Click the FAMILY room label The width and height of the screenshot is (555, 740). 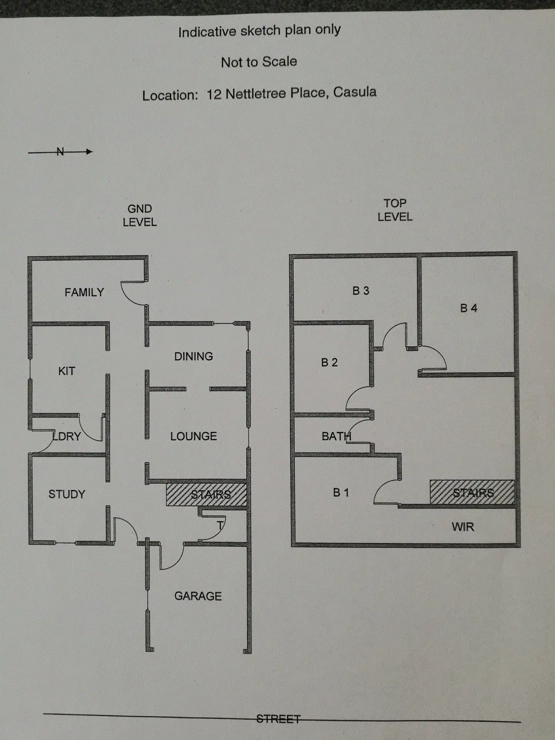84,293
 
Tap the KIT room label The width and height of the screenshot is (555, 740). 67,371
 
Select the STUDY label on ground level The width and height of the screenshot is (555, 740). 67,494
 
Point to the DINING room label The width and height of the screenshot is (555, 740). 193,357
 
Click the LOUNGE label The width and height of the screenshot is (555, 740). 193,436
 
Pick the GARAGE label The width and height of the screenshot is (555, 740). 198,596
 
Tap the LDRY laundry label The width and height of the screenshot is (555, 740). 67,436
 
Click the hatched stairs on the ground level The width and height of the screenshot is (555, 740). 206,494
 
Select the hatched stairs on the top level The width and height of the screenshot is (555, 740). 472,492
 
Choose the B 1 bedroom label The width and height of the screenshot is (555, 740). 341,493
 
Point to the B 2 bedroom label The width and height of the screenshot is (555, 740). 330,363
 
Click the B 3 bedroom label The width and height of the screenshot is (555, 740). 361,291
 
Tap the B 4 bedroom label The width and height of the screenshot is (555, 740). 469,308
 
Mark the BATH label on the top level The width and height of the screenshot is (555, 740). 336,436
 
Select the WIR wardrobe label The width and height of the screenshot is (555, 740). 463,527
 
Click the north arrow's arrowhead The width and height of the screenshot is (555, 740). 89,152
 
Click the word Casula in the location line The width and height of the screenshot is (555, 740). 355,92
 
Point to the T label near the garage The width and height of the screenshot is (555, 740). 220,525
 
